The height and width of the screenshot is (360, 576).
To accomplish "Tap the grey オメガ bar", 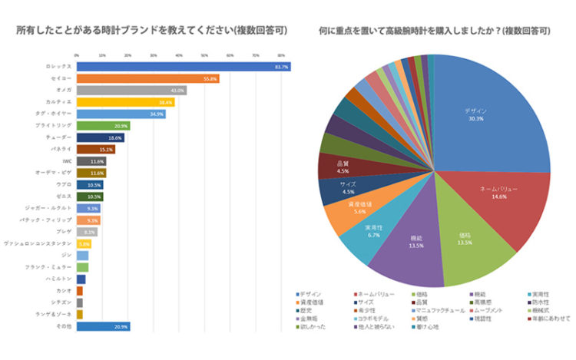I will pyautogui.click(x=131, y=90).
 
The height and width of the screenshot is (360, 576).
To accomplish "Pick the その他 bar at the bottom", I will pyautogui.click(x=103, y=326).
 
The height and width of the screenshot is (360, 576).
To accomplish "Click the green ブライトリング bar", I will pyautogui.click(x=103, y=125).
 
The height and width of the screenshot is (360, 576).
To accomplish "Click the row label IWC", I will pyautogui.click(x=67, y=161).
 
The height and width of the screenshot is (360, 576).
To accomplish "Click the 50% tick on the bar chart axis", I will pyautogui.click(x=204, y=56).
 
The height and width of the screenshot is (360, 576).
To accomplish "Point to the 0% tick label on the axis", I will pyautogui.click(x=77, y=56).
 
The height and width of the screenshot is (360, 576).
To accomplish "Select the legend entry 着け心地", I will pyautogui.click(x=430, y=325).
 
